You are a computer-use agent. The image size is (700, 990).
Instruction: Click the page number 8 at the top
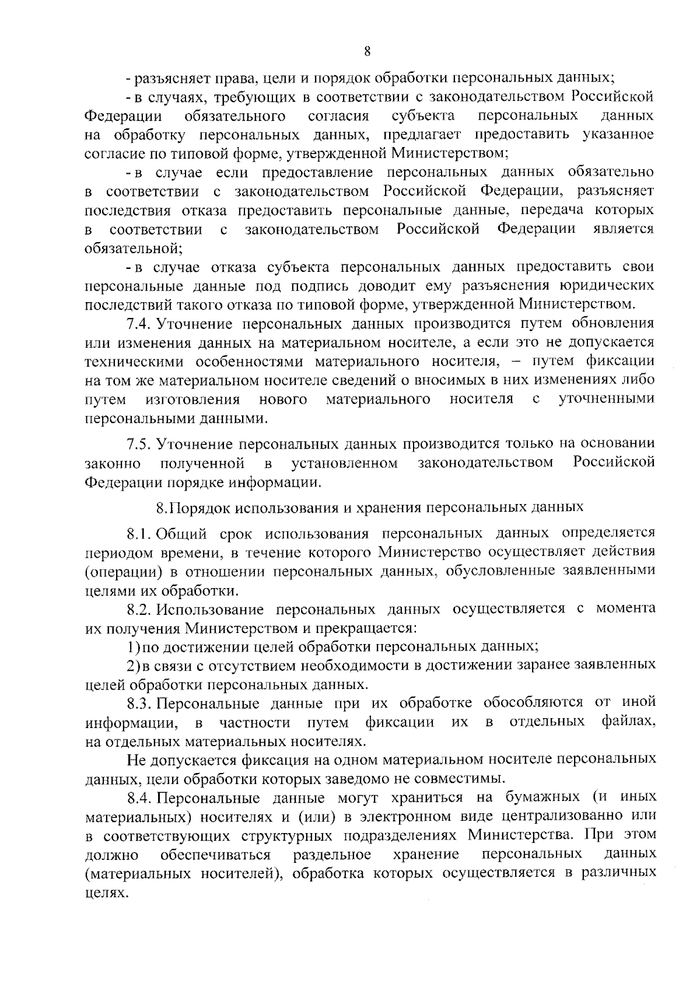[x=367, y=51]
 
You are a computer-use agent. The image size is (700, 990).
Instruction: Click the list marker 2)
[x=134, y=665]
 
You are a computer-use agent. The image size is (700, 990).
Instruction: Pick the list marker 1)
[x=134, y=646]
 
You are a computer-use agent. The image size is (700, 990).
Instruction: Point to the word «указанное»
[x=618, y=135]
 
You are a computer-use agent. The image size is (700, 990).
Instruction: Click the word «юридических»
[x=606, y=286]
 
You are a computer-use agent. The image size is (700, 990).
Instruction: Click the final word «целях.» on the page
[x=106, y=893]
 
